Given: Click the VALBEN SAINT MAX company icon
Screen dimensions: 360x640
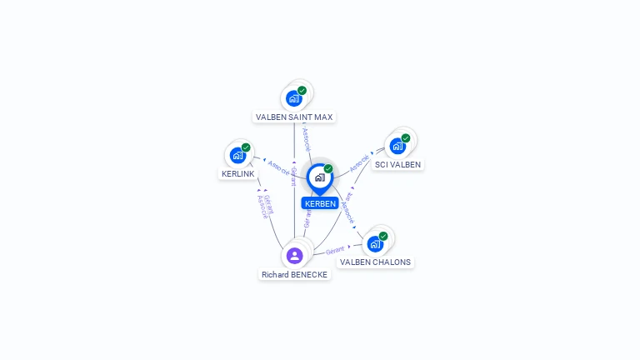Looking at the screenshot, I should click(293, 98).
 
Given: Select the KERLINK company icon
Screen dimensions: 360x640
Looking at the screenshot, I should click(237, 155).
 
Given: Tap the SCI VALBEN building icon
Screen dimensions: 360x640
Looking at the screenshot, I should click(397, 146).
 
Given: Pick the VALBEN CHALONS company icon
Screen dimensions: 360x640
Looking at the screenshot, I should click(375, 243).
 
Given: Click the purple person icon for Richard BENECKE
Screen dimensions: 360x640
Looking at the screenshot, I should click(294, 255).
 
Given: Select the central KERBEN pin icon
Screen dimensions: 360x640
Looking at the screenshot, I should click(319, 177).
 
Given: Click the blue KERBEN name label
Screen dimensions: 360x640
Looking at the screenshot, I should click(320, 203).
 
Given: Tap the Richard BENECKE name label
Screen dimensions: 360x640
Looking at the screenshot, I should click(294, 274).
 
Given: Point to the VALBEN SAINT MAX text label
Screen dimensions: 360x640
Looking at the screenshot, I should click(294, 117).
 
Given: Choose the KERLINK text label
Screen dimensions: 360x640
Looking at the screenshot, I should click(237, 173).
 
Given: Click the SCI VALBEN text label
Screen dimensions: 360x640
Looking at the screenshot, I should click(397, 164).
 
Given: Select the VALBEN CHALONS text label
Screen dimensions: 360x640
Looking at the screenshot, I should click(375, 262).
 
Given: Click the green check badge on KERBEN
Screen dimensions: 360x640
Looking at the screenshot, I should click(328, 169).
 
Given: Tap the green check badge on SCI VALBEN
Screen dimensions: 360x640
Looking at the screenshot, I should click(406, 138).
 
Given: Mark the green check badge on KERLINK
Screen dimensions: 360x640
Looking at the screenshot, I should click(246, 147).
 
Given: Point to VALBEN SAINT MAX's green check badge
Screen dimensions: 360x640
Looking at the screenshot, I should click(302, 91).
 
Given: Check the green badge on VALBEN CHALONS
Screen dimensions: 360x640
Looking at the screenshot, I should click(383, 236).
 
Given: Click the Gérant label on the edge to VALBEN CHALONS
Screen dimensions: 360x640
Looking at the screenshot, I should click(335, 249).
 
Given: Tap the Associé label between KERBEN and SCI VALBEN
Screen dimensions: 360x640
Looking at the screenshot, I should click(359, 162).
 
